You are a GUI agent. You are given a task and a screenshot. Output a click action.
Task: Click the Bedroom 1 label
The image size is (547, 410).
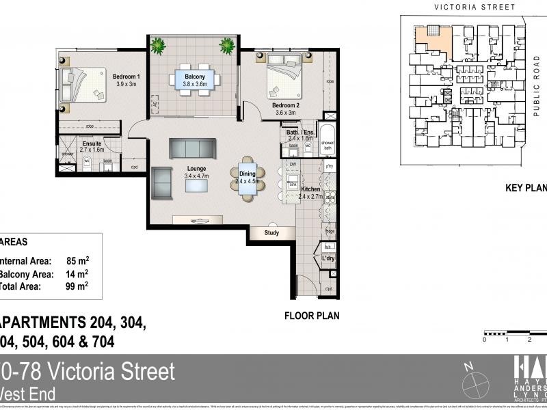click(126, 77)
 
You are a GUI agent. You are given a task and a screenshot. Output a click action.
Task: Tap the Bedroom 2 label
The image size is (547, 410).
click(284, 105)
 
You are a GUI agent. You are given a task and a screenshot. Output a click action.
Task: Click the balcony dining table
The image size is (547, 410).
click(194, 81)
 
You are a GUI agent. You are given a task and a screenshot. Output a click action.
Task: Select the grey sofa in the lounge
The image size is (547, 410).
click(192, 148)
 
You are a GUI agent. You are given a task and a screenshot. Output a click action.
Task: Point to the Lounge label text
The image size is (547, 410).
click(196, 169)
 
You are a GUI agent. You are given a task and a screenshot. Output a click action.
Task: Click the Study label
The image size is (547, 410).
click(272, 234)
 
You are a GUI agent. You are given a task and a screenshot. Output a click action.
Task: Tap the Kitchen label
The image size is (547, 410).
click(311, 189)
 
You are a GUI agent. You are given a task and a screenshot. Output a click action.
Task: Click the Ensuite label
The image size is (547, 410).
click(91, 143)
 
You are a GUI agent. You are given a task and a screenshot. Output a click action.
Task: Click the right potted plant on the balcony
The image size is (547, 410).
click(227, 46)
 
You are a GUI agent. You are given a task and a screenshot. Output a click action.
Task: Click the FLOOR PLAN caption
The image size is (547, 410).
click(312, 316)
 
